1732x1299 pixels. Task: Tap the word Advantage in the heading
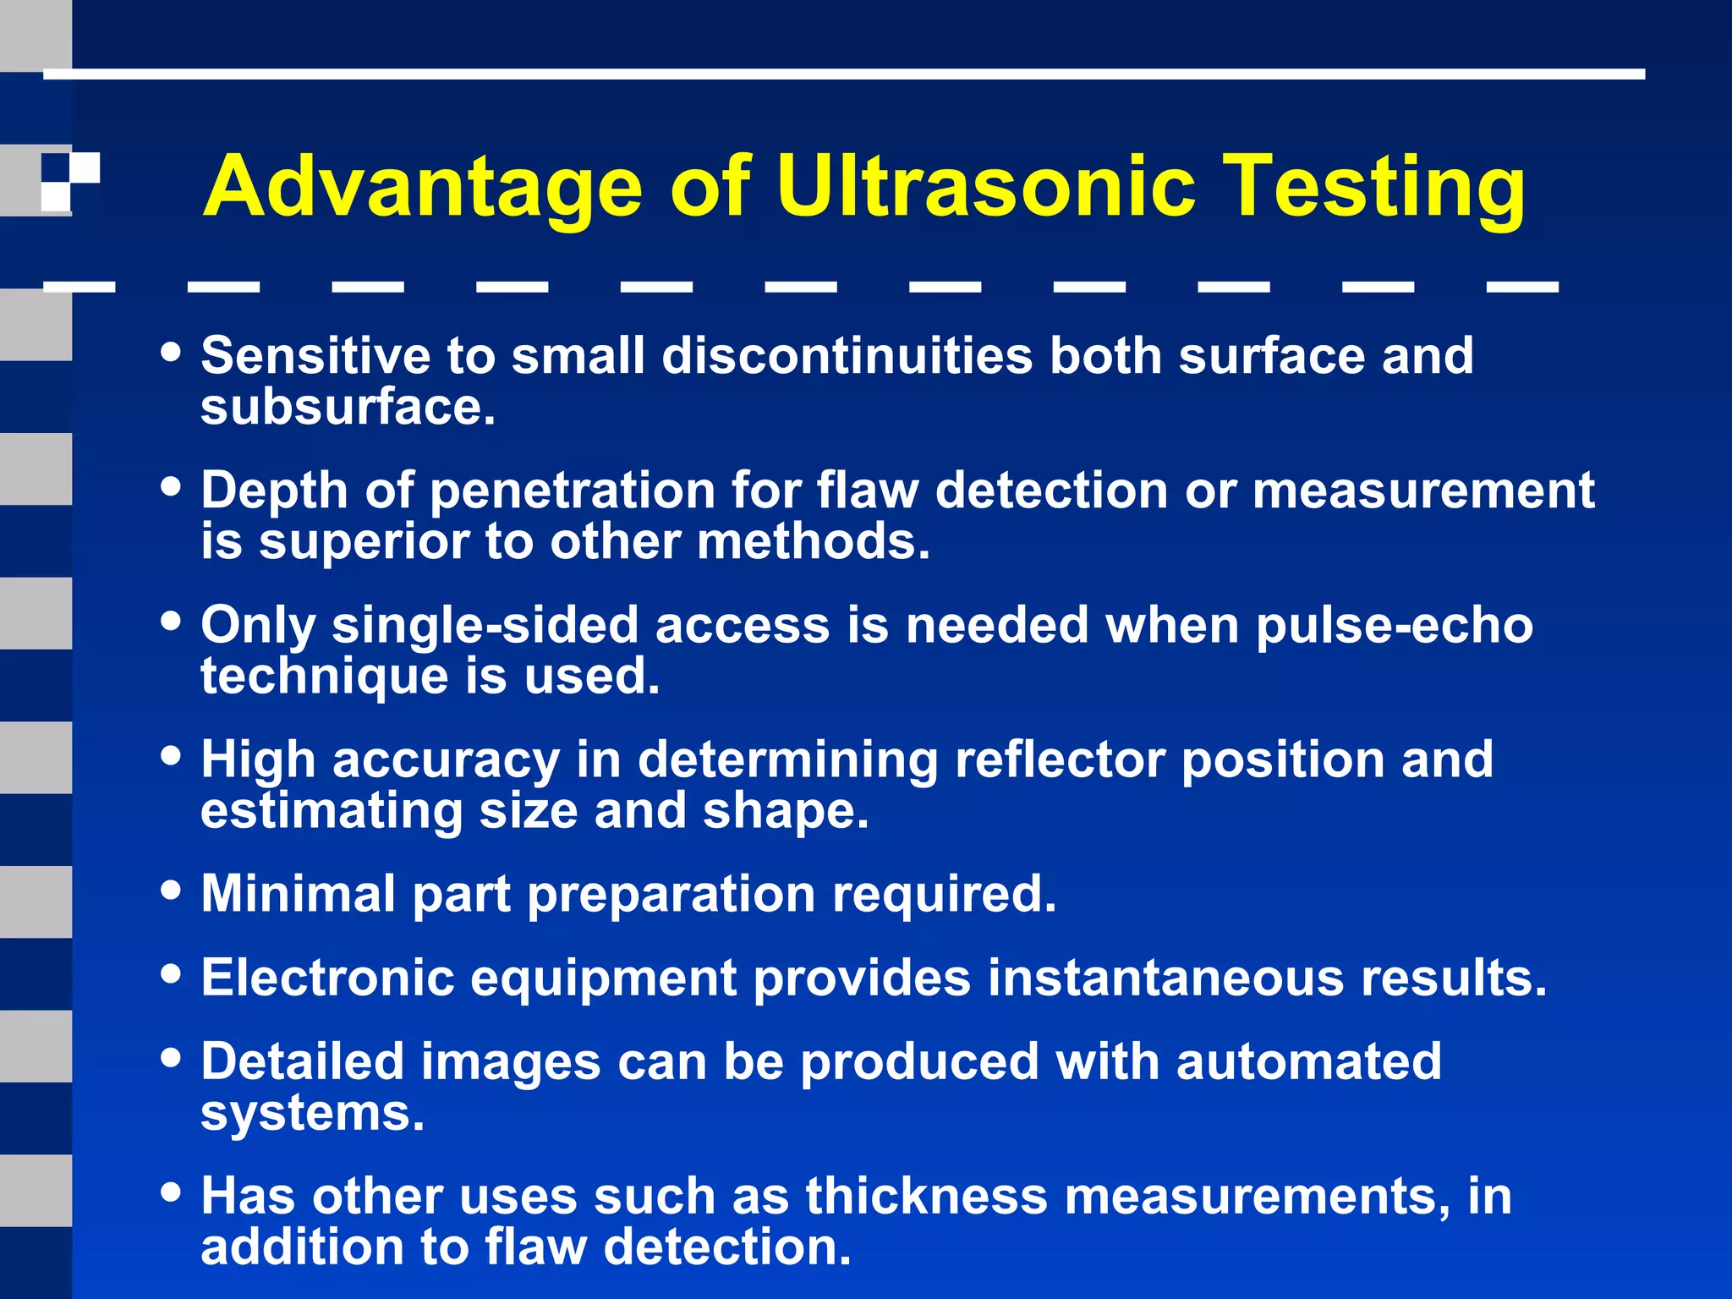coord(423,188)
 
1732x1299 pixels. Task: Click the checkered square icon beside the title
coord(71,181)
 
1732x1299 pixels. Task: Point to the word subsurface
coord(347,408)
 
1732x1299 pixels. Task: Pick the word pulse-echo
coord(1395,626)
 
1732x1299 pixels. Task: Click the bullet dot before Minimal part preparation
coord(172,890)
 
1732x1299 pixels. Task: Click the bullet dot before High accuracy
coord(172,755)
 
